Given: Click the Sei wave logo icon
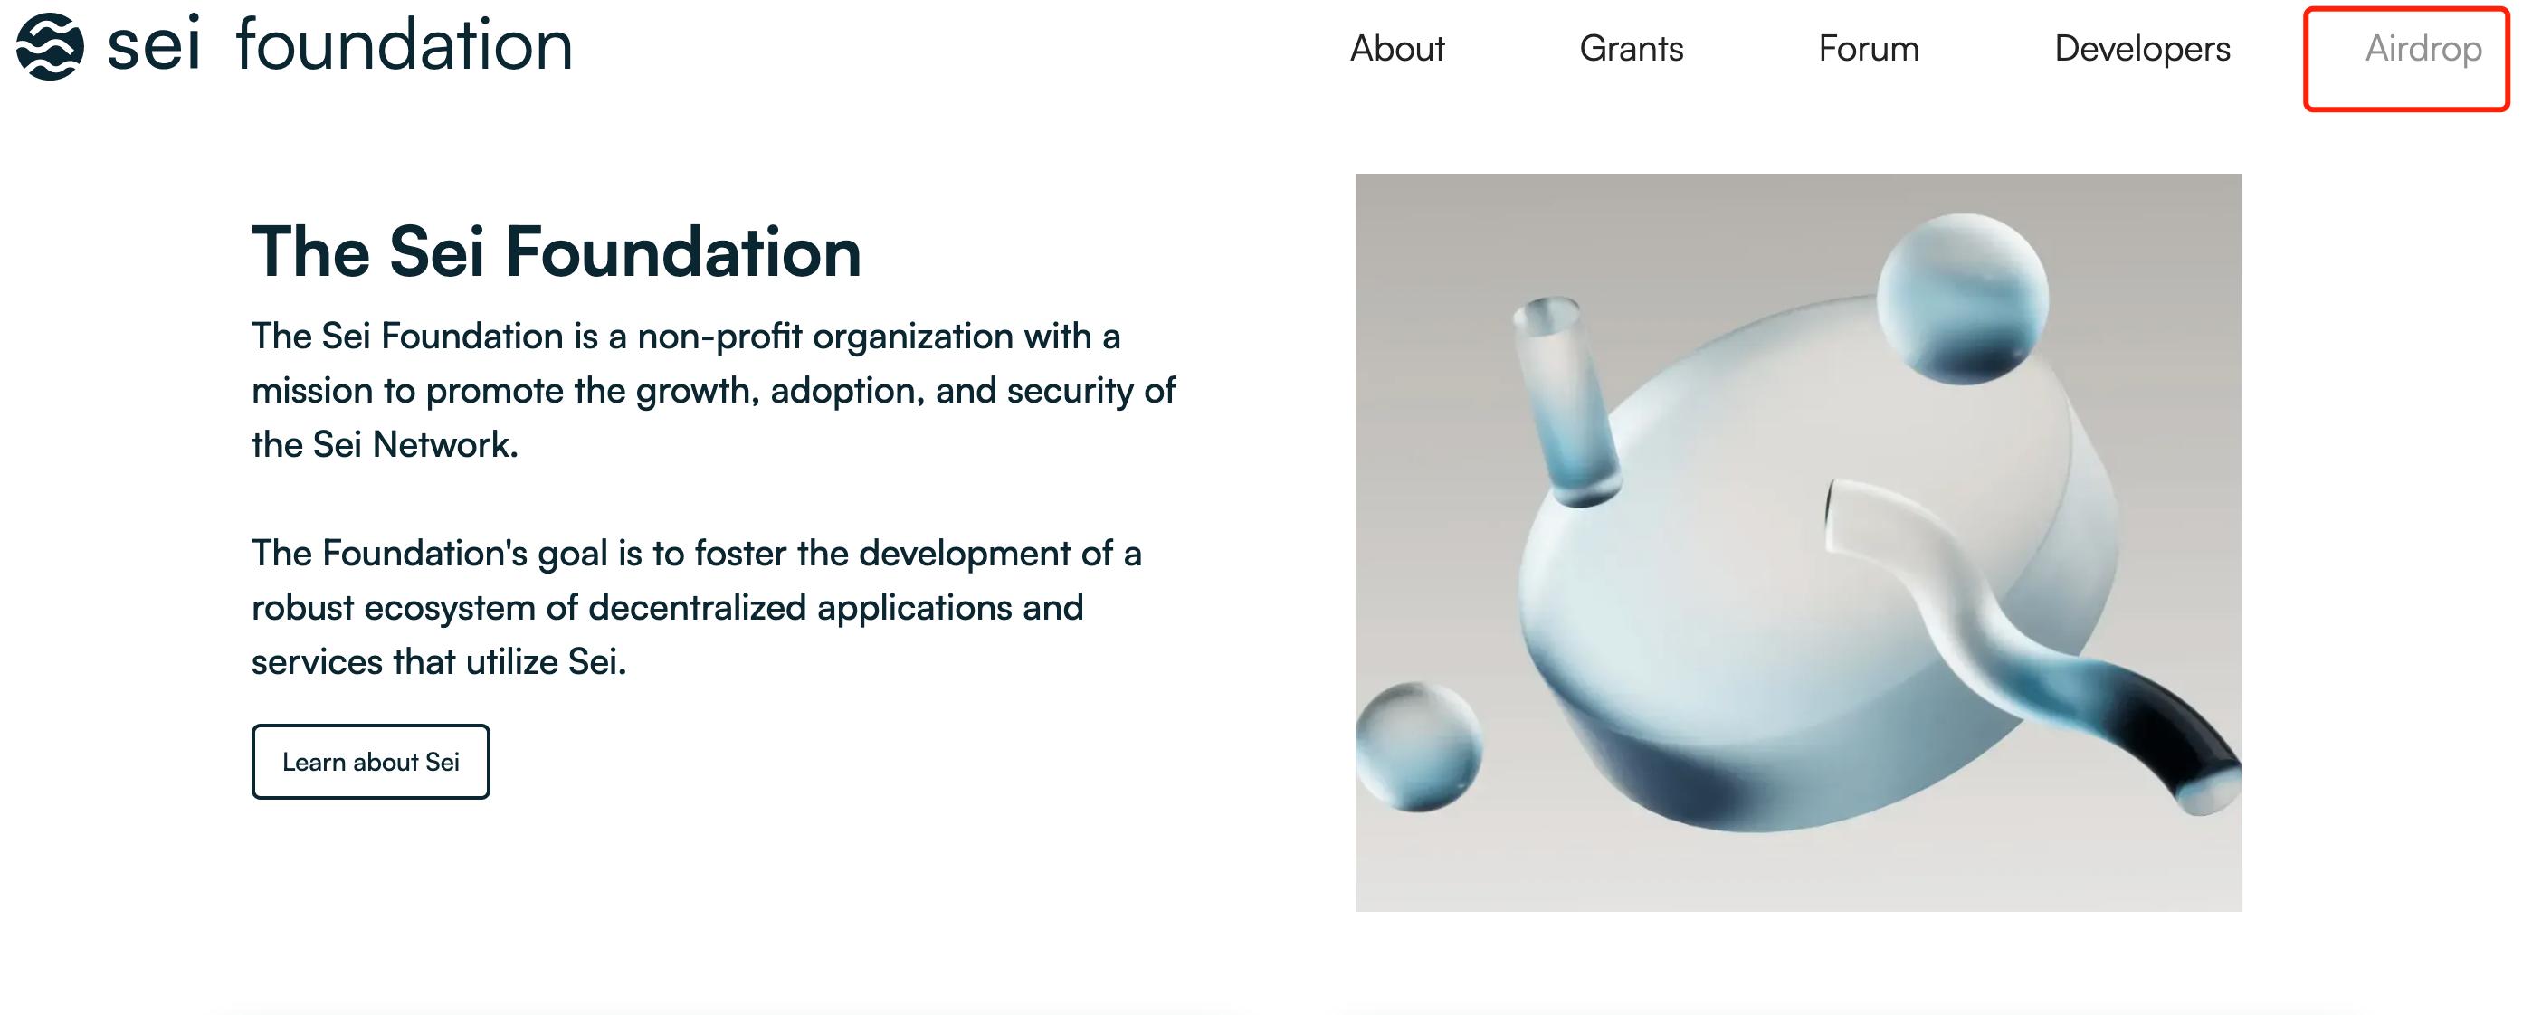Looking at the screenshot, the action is [49, 46].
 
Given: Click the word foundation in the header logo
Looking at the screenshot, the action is [404, 45].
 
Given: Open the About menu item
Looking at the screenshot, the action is [1396, 48].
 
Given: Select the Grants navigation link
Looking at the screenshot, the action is [1631, 48].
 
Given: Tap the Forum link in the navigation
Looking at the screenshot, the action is [1869, 48].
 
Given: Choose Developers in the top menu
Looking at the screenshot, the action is [2142, 49].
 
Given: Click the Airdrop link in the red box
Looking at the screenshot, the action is [2423, 49].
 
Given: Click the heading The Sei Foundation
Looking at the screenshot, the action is [557, 251].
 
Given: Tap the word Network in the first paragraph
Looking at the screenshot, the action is [444, 445].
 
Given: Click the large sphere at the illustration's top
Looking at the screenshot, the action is [1962, 298].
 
